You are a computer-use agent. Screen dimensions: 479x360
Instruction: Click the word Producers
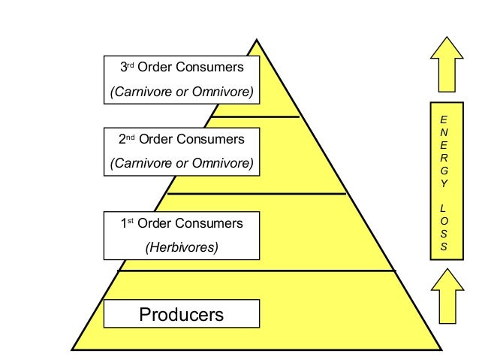pos(182,314)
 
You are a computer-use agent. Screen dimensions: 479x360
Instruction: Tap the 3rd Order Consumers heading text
pos(182,67)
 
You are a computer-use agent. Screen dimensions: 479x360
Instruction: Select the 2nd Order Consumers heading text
pos(182,139)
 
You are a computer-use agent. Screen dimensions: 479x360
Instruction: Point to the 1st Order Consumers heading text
pos(182,223)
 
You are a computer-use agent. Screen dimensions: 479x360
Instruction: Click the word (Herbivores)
pos(182,247)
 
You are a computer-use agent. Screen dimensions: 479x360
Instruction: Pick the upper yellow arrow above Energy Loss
pos(447,64)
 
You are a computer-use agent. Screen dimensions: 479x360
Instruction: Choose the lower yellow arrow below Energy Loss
pos(447,296)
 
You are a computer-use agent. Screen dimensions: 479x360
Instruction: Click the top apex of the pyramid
pos(257,39)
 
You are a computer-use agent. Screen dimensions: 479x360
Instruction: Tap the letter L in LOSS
pos(443,209)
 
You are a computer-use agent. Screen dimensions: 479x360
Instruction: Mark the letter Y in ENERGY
pos(444,183)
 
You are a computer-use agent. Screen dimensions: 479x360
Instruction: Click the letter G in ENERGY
pos(444,171)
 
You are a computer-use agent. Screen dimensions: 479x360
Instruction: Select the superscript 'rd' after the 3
pos(131,65)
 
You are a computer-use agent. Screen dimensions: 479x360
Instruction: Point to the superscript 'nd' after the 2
pos(131,138)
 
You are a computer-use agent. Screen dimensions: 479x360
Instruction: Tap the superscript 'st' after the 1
pos(131,221)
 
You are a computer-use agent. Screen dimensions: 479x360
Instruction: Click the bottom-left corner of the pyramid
pos(71,350)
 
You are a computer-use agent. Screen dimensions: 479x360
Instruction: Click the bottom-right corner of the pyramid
pos(441,350)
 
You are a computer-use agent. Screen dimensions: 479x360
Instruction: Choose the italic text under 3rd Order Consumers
pos(182,92)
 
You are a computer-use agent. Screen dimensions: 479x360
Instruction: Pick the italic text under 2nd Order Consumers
pos(182,163)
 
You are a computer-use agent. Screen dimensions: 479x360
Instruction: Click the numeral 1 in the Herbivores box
pos(124,223)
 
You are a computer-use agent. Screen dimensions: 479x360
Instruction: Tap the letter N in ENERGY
pos(444,132)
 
